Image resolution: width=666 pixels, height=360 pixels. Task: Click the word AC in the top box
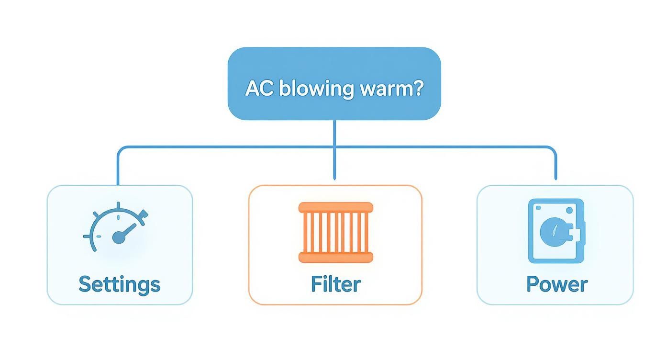click(259, 89)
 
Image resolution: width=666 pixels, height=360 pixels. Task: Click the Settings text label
click(119, 284)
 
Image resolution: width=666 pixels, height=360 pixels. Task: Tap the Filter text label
click(335, 284)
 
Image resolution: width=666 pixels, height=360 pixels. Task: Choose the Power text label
click(556, 284)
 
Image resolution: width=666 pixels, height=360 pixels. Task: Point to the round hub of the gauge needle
click(118, 237)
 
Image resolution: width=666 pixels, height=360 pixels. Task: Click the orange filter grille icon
click(335, 232)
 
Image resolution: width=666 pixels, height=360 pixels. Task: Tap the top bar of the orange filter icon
click(335, 207)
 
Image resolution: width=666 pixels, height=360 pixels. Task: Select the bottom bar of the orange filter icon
click(335, 258)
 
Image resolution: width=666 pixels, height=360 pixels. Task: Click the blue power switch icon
click(556, 231)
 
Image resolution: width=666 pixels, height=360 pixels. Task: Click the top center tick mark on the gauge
click(118, 206)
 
